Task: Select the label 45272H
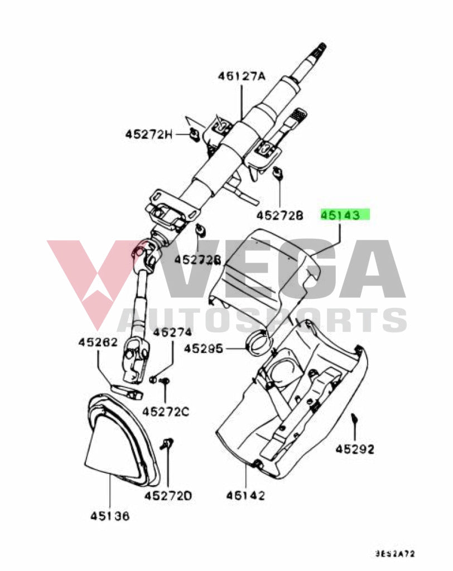coord(148,134)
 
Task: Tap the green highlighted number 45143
coord(344,214)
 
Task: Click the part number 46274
coord(172,332)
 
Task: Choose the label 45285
coord(204,349)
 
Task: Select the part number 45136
coord(110,516)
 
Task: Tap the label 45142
coord(245,495)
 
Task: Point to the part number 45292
coord(355,448)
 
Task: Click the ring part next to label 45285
coord(259,341)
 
